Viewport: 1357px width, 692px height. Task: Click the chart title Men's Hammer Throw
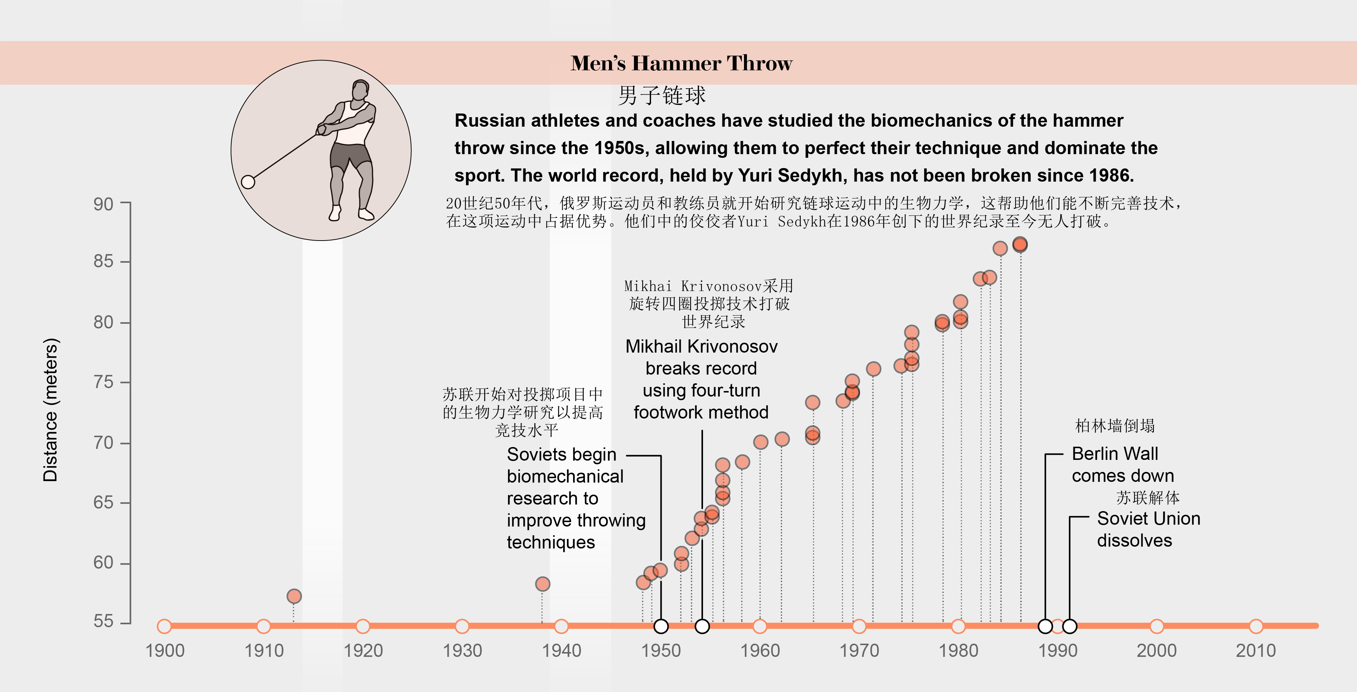[681, 63]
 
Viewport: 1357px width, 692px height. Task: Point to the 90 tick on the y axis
[103, 204]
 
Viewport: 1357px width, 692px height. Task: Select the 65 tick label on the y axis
[103, 502]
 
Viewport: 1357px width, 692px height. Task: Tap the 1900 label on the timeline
[165, 651]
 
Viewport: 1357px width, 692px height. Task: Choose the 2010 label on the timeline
[1256, 651]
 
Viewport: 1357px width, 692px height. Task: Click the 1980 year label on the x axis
[958, 651]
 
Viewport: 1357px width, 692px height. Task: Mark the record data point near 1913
[294, 596]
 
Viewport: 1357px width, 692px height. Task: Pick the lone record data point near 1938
[543, 584]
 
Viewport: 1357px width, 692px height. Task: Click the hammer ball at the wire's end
[248, 182]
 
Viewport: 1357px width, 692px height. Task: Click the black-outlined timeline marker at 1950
[661, 626]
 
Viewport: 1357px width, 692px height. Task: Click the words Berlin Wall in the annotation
[1115, 454]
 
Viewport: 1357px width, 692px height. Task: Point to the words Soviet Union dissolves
[1148, 529]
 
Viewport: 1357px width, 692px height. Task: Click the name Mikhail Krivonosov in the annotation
[701, 346]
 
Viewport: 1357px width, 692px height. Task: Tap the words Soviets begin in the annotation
[561, 454]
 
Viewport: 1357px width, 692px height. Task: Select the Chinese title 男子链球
[662, 96]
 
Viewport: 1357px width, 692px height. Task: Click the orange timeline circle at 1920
[363, 626]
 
